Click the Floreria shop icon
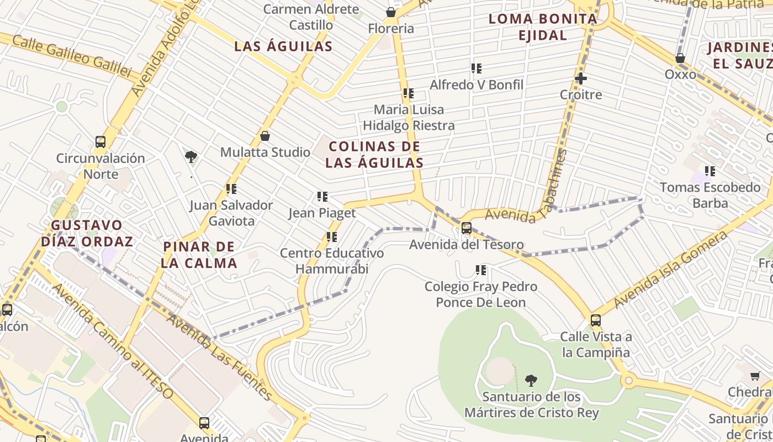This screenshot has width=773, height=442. tap(391, 12)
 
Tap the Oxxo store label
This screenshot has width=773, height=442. tap(680, 74)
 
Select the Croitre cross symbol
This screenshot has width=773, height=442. tap(581, 78)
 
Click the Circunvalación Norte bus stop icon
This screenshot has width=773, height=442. tap(100, 142)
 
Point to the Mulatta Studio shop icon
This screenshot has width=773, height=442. tap(265, 136)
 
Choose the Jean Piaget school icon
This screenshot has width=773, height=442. tap(322, 197)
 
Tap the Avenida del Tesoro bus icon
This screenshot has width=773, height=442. tap(467, 228)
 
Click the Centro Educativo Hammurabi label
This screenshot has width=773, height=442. tap(332, 261)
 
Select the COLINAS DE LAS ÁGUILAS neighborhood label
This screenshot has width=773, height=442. tap(374, 155)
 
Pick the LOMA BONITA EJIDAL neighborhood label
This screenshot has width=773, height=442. tap(543, 27)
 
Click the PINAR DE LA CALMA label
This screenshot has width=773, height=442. tap(199, 255)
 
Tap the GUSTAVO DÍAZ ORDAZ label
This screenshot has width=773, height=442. tap(87, 233)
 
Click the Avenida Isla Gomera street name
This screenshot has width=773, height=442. tap(670, 270)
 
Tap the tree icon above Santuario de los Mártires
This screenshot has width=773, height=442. tap(531, 380)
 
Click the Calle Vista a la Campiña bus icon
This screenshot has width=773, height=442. tap(595, 320)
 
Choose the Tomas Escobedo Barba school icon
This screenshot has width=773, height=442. tap(710, 171)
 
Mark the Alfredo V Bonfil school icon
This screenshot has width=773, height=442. tap(476, 69)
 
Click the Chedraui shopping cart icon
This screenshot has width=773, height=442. tap(755, 376)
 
